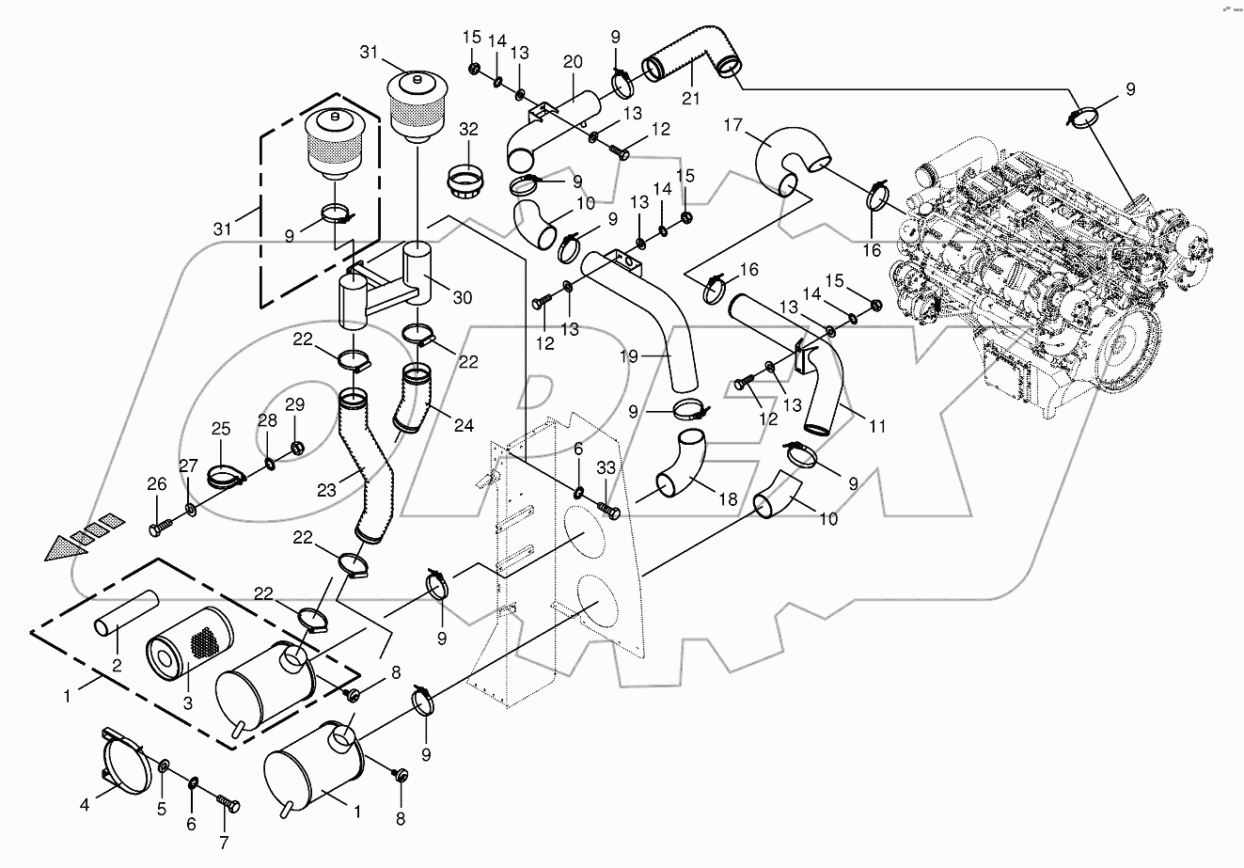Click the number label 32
[469, 128]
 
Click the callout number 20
[573, 62]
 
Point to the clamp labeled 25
[224, 475]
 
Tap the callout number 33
[606, 466]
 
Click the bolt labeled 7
[228, 805]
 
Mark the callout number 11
[876, 426]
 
